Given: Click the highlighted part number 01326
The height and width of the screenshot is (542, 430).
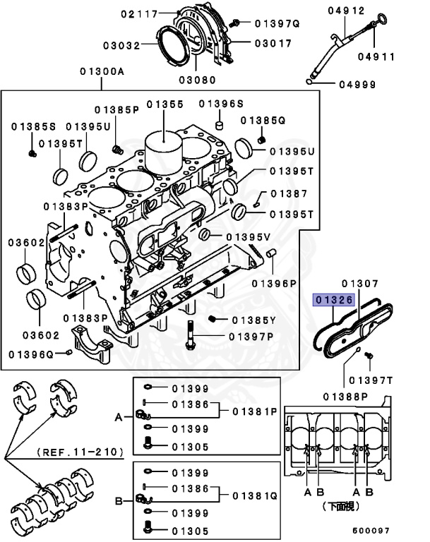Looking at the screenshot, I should click(x=334, y=299).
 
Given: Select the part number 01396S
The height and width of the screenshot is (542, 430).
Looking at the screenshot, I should click(x=220, y=104).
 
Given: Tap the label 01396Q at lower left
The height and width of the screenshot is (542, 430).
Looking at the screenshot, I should click(x=32, y=352).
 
